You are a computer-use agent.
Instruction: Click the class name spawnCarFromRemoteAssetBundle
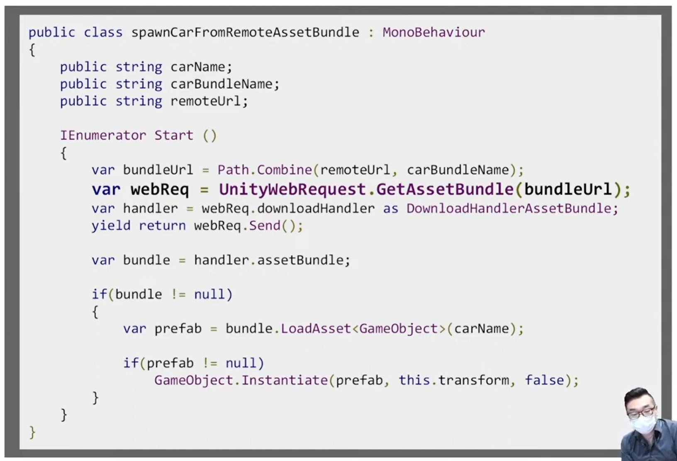(245, 32)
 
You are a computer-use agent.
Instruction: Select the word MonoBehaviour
(433, 32)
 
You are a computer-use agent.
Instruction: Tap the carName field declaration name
(198, 67)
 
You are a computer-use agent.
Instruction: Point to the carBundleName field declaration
(222, 84)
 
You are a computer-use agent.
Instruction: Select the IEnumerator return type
(103, 135)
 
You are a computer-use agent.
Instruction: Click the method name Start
(174, 135)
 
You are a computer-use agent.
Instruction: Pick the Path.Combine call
(265, 170)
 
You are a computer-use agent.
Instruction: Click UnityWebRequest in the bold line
(292, 190)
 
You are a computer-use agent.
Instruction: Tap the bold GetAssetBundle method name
(445, 190)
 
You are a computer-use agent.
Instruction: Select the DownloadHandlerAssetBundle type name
(509, 208)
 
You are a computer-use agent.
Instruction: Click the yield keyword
(111, 226)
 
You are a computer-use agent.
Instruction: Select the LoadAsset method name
(316, 329)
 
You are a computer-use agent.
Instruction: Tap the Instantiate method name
(285, 380)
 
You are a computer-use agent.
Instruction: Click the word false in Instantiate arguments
(544, 380)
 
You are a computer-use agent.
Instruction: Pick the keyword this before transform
(414, 380)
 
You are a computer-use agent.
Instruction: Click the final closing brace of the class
(32, 432)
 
